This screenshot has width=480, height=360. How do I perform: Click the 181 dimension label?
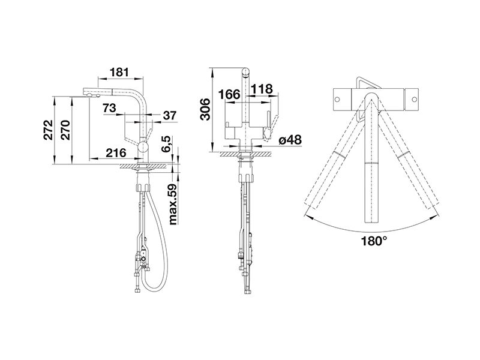tap(119, 72)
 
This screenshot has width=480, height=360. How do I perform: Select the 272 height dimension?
tap(48, 130)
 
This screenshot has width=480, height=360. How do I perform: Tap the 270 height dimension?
tap(65, 130)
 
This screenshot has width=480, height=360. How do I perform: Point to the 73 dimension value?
tap(109, 108)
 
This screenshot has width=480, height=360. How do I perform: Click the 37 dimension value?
tap(170, 115)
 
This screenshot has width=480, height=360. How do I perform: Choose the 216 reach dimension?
tap(116, 152)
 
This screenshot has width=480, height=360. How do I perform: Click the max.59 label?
tap(173, 204)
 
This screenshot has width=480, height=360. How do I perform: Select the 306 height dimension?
tap(205, 109)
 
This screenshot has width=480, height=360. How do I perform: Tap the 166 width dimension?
tap(229, 94)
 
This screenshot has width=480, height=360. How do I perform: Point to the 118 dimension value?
tap(262, 89)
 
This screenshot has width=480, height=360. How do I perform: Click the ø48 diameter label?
tap(290, 140)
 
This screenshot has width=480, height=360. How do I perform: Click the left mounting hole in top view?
tap(337, 100)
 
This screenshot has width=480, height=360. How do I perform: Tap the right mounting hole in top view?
tap(414, 100)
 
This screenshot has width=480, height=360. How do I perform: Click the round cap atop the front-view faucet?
tap(246, 72)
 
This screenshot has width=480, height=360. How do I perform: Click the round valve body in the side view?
tap(142, 147)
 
